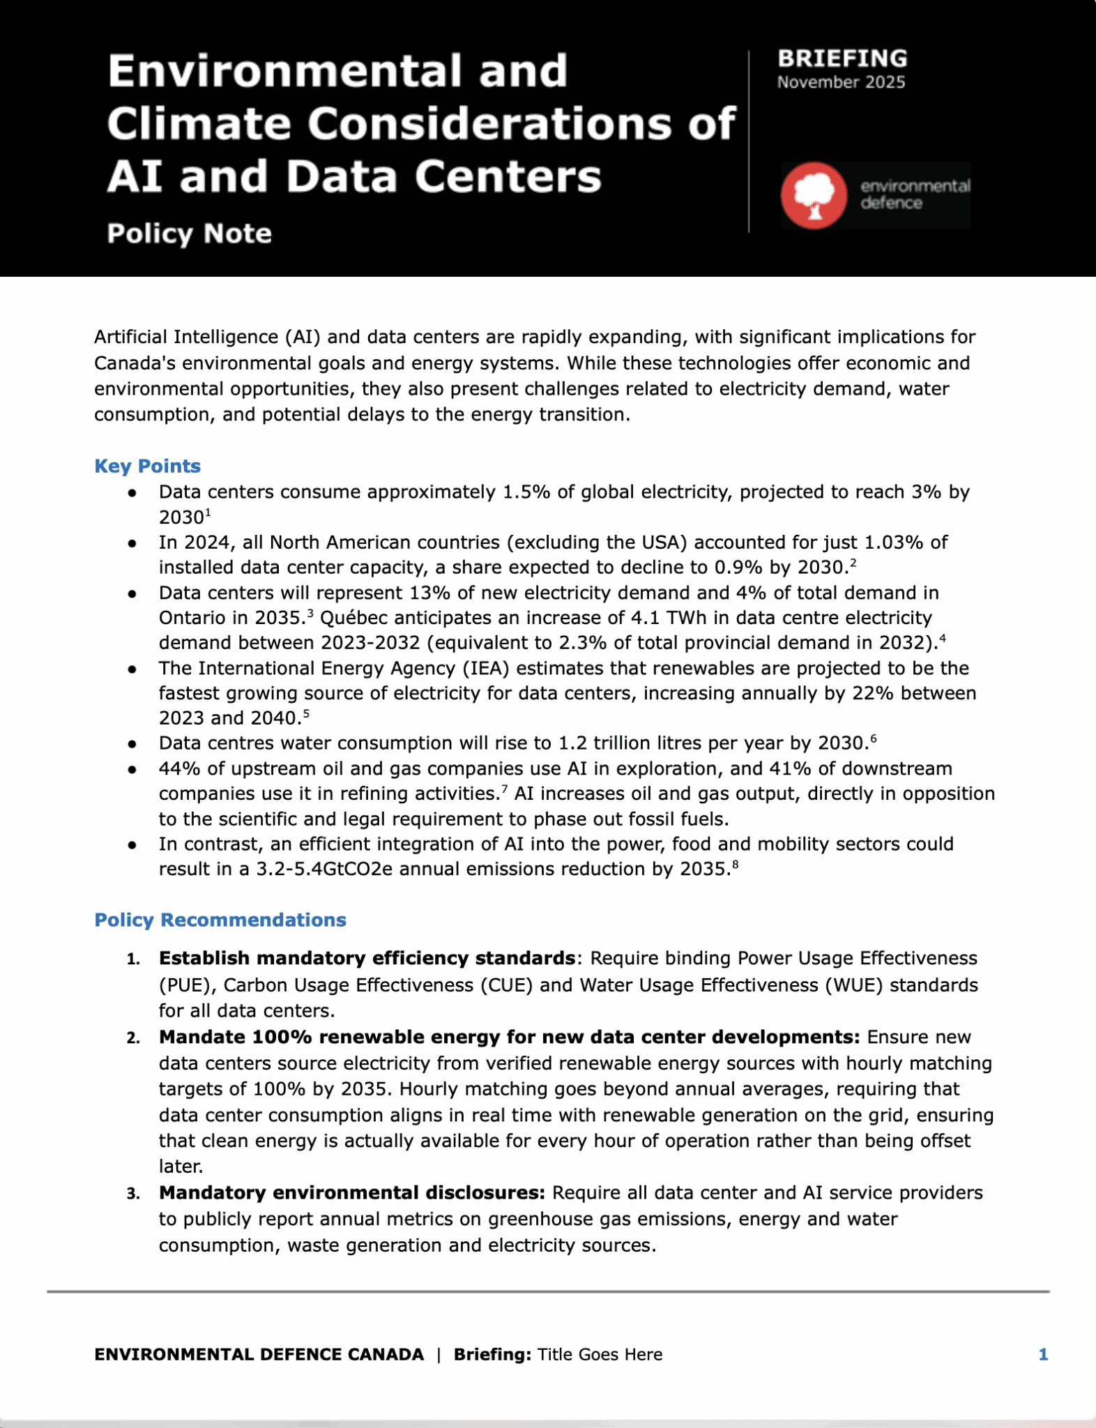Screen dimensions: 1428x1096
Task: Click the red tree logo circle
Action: click(x=814, y=195)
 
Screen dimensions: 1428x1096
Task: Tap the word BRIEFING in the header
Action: click(x=842, y=59)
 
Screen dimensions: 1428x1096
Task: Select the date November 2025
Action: click(x=841, y=82)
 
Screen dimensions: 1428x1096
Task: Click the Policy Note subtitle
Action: click(x=189, y=234)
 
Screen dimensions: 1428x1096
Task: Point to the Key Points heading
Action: click(x=147, y=466)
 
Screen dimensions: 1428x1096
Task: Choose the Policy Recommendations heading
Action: click(x=220, y=920)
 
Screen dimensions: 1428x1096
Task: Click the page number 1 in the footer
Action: click(x=1043, y=1354)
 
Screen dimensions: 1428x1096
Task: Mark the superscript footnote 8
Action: click(x=735, y=865)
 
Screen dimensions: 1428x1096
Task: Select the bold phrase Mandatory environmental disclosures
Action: click(x=351, y=1193)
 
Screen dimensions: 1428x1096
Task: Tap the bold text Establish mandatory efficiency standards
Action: click(x=367, y=959)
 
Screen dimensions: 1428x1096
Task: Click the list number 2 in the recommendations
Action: click(x=132, y=1038)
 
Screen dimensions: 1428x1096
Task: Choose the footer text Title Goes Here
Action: click(x=600, y=1354)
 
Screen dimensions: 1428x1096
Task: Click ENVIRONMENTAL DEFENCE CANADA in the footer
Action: click(x=259, y=1354)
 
